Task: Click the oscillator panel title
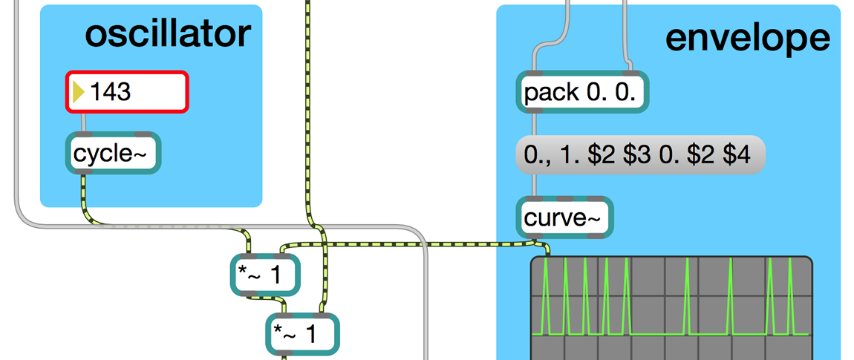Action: tap(168, 34)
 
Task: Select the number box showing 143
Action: tap(126, 92)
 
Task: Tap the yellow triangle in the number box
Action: tap(77, 92)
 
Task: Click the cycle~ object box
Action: tap(113, 154)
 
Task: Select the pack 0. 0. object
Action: tap(582, 94)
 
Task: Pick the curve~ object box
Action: tap(565, 217)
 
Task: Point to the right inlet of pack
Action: tap(630, 75)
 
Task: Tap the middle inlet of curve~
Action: tap(565, 200)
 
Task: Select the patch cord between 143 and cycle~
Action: tap(83, 123)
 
